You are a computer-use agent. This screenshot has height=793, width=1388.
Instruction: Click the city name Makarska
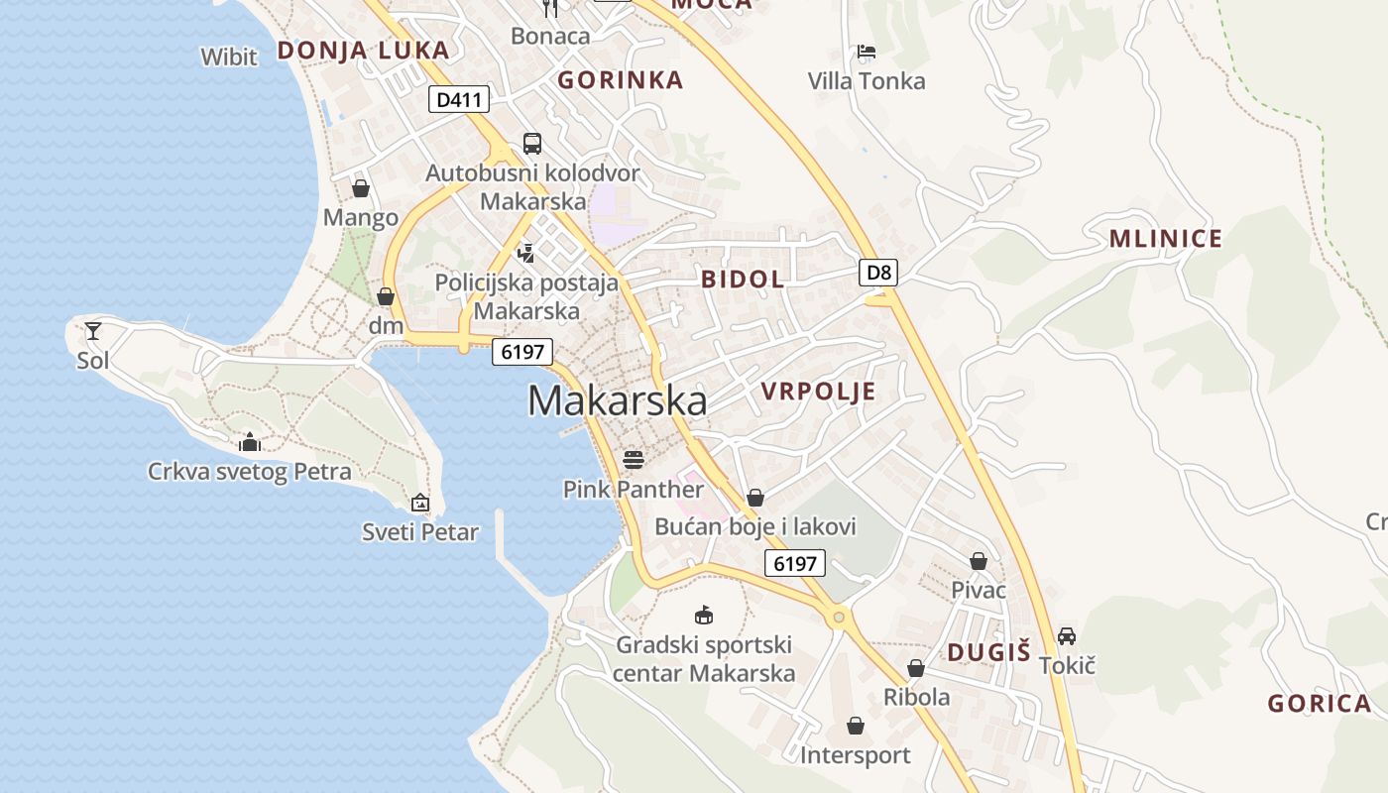(x=617, y=400)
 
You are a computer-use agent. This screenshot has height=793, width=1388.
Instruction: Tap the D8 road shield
(x=878, y=273)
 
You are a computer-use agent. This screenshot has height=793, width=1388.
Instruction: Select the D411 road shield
(x=459, y=99)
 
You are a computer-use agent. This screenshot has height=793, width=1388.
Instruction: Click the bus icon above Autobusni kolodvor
(x=532, y=144)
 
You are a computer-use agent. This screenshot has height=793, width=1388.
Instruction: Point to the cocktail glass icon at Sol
(x=93, y=330)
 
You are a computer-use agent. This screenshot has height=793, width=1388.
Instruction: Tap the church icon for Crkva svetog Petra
(x=250, y=441)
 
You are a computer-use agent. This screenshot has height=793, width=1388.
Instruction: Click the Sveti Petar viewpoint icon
(x=420, y=503)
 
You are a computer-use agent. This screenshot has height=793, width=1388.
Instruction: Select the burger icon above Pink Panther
(x=634, y=460)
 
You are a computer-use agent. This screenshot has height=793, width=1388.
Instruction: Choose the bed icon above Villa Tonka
(x=867, y=52)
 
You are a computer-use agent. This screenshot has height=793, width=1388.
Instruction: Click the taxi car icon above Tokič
(x=1067, y=635)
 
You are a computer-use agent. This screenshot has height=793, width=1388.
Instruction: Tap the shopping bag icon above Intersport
(x=856, y=727)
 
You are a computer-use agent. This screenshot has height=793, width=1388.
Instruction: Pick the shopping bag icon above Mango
(x=361, y=188)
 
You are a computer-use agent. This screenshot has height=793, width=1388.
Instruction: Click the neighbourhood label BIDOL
(x=743, y=280)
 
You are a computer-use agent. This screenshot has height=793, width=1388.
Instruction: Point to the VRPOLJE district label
(x=819, y=392)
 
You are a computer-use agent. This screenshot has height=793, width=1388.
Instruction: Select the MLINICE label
(x=1166, y=239)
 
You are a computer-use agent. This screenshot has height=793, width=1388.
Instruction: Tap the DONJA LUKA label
(x=363, y=51)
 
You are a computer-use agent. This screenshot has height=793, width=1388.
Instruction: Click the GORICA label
(x=1320, y=704)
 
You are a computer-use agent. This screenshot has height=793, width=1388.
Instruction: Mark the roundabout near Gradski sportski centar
(x=839, y=619)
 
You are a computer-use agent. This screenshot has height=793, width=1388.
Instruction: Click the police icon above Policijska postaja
(x=526, y=253)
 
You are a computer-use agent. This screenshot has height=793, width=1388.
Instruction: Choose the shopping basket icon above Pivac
(x=979, y=561)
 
